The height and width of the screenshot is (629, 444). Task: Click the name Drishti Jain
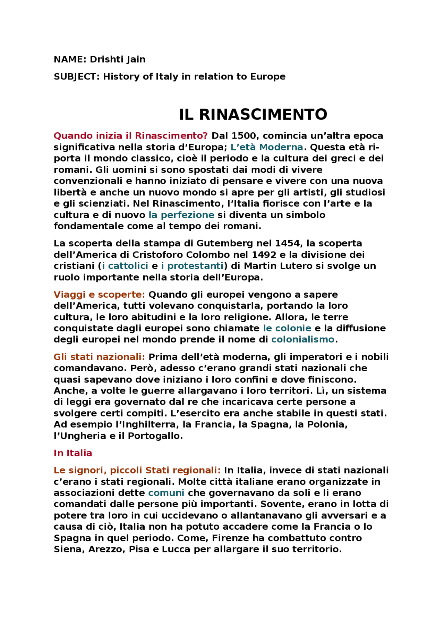pos(118,59)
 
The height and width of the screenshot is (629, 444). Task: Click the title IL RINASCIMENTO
pos(253,115)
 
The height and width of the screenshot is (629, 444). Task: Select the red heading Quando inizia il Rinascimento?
pos(131,136)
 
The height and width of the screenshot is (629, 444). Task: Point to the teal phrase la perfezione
pos(181,215)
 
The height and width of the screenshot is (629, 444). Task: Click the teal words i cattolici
pos(125,266)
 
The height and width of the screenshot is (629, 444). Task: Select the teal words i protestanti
pos(192,266)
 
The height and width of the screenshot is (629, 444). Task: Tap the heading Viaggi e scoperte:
pos(99,295)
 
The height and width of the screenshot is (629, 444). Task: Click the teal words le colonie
pos(287,328)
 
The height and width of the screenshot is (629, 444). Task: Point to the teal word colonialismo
pos(302,339)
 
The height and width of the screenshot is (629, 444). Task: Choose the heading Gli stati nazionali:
pos(99,357)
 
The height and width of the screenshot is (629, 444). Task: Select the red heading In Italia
pos(73,453)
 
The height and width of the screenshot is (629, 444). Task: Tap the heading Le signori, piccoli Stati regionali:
pos(137,470)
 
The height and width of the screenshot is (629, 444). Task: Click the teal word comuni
pos(166,493)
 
